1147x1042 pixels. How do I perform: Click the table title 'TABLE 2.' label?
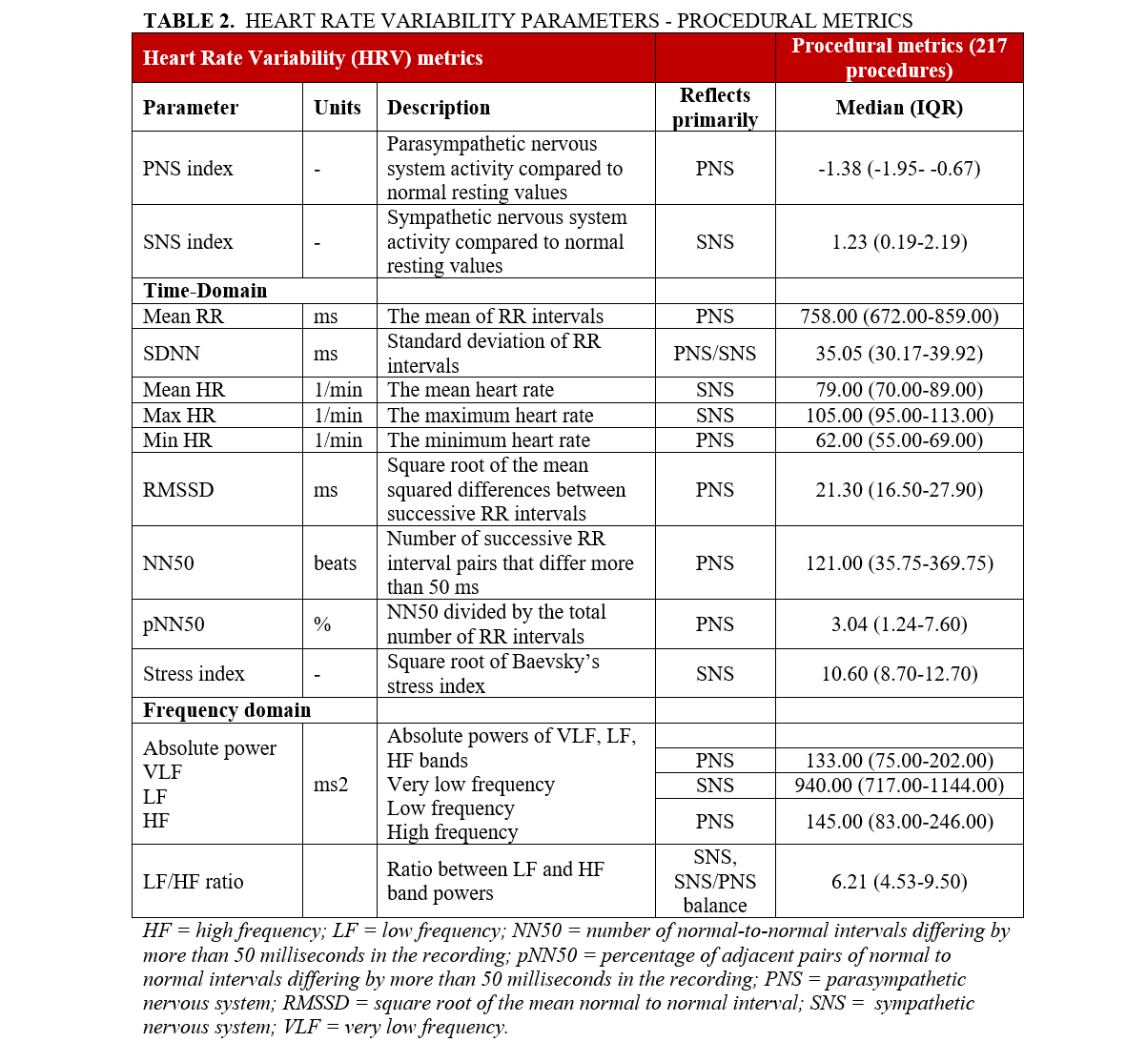(x=189, y=20)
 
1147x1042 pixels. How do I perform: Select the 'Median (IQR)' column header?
(x=899, y=108)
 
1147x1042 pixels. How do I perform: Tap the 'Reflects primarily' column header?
(x=715, y=108)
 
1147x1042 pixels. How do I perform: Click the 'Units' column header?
(x=338, y=108)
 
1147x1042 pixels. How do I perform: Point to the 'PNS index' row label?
(x=188, y=169)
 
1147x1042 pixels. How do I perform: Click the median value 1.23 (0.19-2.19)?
(x=899, y=242)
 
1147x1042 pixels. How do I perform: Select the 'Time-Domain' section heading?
(x=205, y=291)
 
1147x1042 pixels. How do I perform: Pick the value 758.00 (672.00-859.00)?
(x=899, y=317)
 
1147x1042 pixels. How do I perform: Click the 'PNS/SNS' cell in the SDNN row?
(x=715, y=354)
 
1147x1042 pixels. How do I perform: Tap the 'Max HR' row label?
(x=179, y=416)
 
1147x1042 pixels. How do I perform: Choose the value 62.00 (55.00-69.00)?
(x=899, y=440)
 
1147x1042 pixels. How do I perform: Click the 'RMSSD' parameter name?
(x=178, y=490)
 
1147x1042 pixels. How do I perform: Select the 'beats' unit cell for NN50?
(x=335, y=563)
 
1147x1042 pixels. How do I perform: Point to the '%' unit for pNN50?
(x=322, y=624)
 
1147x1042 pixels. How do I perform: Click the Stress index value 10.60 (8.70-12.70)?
(x=899, y=674)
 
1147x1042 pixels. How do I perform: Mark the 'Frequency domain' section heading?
(x=227, y=710)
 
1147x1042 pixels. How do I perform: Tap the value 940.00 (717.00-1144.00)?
(x=899, y=786)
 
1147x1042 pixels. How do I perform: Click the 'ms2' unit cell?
(x=331, y=786)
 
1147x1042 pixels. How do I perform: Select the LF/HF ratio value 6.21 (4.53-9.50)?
(x=899, y=882)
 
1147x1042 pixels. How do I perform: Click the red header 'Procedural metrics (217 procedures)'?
(x=899, y=58)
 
